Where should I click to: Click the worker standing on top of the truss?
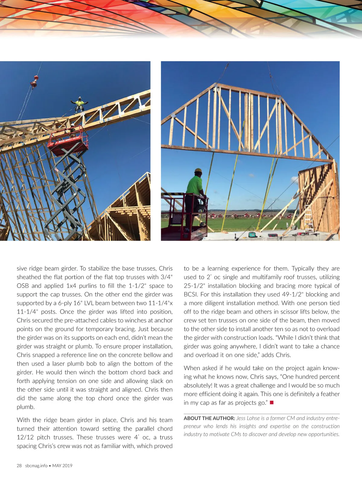click(80, 104)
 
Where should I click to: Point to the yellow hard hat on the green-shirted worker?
click(198, 171)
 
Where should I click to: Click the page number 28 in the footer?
click(19, 466)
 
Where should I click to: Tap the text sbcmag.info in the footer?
click(36, 466)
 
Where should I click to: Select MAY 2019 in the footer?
click(62, 466)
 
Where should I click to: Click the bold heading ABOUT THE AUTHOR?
click(209, 418)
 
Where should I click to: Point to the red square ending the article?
click(271, 403)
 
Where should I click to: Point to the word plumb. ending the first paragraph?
click(26, 407)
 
